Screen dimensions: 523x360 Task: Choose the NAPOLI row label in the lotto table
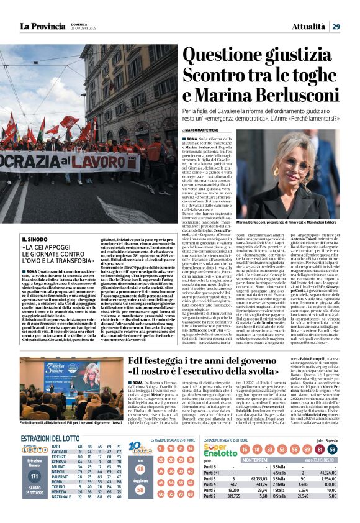tap(60, 472)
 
